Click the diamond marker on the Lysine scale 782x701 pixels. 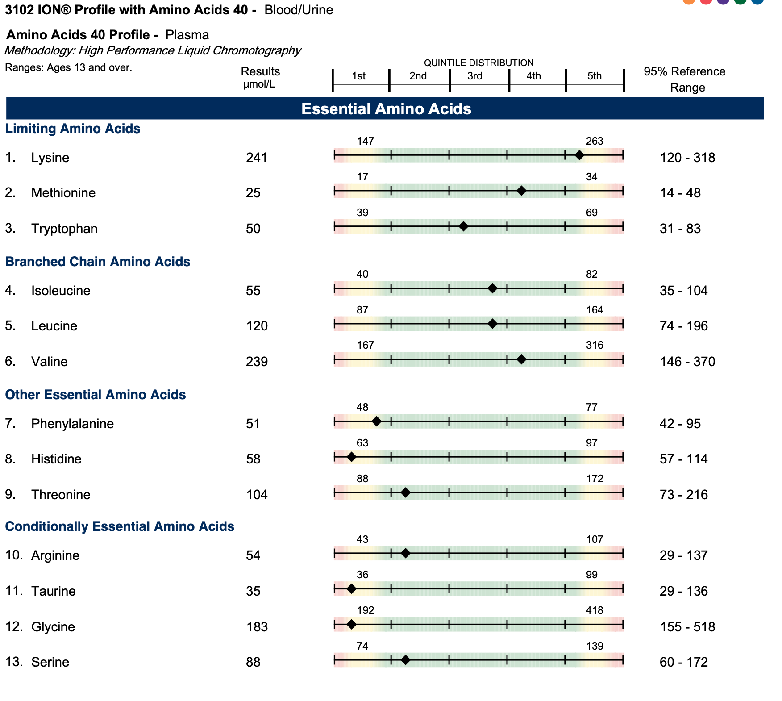point(579,155)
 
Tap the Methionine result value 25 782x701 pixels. point(253,193)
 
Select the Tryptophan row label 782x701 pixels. point(64,229)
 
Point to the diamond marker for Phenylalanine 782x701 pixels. point(376,421)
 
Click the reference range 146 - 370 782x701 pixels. point(687,362)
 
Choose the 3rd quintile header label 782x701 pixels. point(474,76)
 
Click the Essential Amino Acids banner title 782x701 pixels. point(386,109)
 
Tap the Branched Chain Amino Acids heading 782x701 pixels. point(98,262)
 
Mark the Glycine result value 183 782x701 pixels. point(257,627)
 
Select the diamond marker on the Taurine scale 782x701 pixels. point(351,589)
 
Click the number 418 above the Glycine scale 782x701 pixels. point(595,610)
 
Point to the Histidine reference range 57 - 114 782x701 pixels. point(683,459)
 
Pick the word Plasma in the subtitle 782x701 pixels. point(187,35)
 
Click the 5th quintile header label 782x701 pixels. point(594,76)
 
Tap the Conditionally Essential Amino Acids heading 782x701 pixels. point(120,526)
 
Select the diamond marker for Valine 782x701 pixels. point(521,359)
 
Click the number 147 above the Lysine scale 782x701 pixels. point(365,141)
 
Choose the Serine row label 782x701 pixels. point(50,662)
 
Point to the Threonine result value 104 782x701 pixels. point(257,495)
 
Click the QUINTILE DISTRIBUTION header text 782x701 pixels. point(478,63)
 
